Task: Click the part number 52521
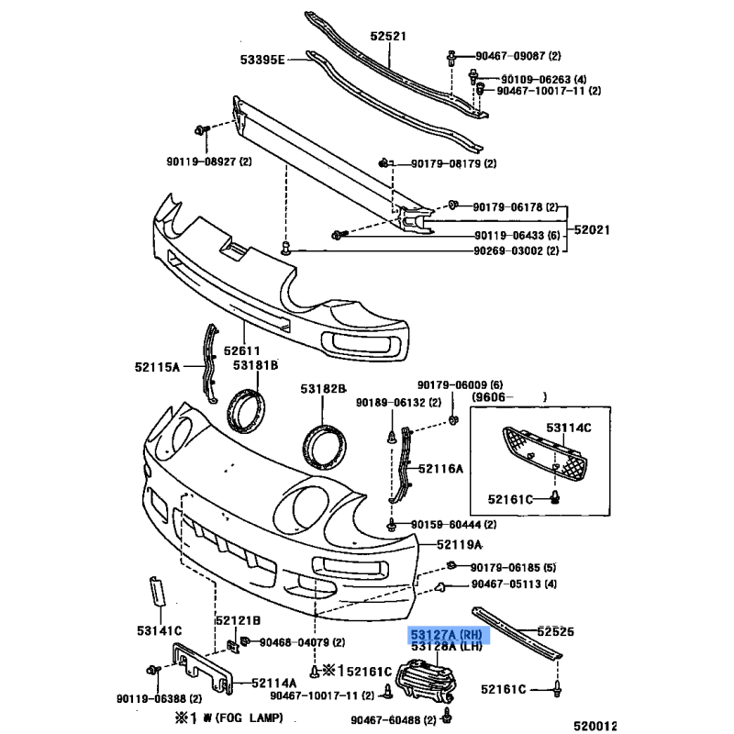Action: coord(388,36)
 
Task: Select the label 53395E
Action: coord(262,60)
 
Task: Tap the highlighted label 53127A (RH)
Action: coord(446,635)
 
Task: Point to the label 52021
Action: coord(592,230)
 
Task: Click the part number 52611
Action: coord(241,350)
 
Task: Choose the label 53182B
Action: coord(323,388)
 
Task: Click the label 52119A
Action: coord(460,544)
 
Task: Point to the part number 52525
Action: coord(556,631)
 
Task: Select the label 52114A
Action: coord(273,683)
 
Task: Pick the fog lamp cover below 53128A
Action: coord(425,681)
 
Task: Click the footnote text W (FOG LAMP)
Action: coord(243,717)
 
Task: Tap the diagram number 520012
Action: coord(595,726)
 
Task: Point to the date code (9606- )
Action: coord(509,397)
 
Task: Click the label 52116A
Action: coord(440,469)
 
